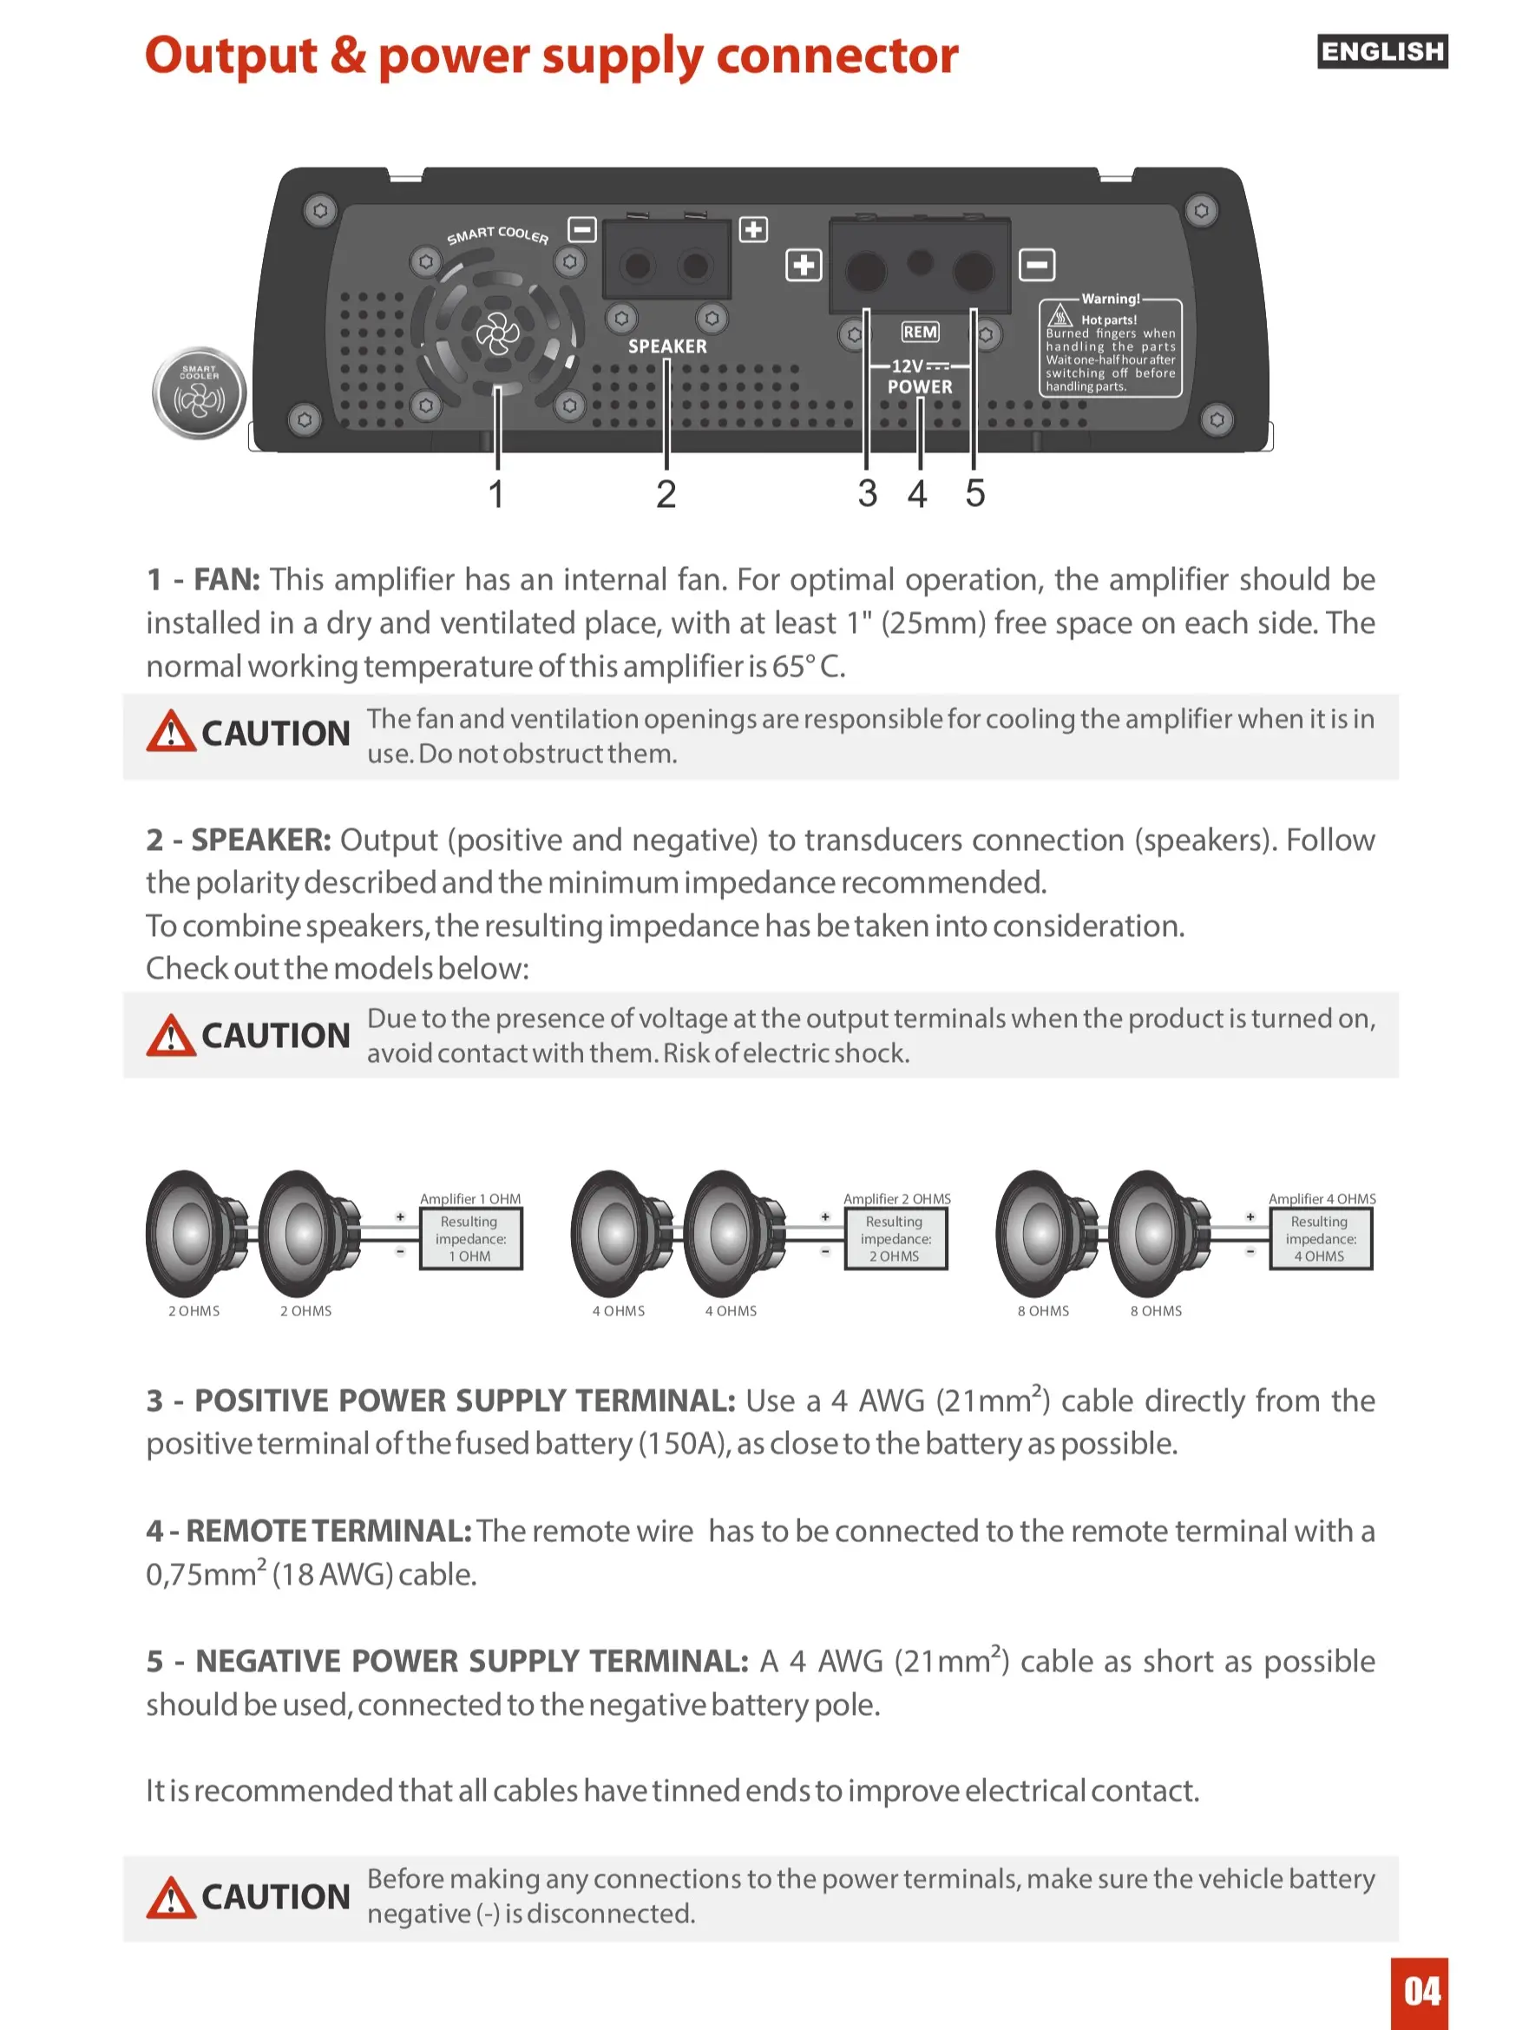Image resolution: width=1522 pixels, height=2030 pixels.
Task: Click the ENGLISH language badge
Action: tap(1381, 51)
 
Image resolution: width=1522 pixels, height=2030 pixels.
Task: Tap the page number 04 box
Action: tap(1420, 1993)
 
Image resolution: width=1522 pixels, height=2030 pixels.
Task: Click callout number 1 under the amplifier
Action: tap(496, 494)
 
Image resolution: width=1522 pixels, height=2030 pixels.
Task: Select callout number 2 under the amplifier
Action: tap(666, 494)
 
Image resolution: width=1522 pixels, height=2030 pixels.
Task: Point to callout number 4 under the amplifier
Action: tap(917, 494)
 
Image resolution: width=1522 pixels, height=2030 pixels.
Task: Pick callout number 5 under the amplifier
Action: tap(975, 494)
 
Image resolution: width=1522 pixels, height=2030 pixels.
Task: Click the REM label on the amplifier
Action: tap(920, 332)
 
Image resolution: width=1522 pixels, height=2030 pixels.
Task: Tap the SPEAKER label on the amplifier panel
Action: tap(668, 346)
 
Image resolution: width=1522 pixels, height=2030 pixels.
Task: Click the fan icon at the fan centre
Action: tap(498, 333)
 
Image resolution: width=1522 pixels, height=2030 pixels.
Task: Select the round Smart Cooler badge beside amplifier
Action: tap(199, 392)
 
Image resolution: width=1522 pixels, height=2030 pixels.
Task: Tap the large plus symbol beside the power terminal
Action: tap(804, 265)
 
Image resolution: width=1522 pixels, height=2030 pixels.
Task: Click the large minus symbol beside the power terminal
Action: tap(1037, 265)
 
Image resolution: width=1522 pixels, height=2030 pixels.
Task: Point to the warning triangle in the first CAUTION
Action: tap(171, 731)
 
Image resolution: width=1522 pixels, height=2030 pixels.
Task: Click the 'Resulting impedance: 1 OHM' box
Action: tap(470, 1238)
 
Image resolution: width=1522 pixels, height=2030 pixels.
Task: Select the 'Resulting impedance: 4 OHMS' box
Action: tap(1321, 1238)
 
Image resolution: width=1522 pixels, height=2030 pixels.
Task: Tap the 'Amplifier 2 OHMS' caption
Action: tap(897, 1198)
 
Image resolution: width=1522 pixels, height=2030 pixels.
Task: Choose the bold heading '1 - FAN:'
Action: tap(204, 579)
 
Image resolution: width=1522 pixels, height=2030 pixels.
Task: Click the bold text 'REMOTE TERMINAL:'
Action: tap(330, 1531)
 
